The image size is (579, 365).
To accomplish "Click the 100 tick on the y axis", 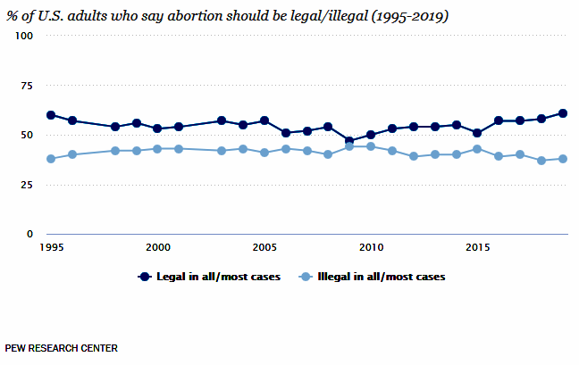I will pyautogui.click(x=23, y=36).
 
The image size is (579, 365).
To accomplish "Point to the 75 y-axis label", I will pyautogui.click(x=26, y=86).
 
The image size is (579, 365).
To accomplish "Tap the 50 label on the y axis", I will pyautogui.click(x=26, y=135).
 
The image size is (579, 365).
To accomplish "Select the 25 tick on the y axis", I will pyautogui.click(x=26, y=185).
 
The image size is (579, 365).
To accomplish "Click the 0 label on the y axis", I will pyautogui.click(x=29, y=234).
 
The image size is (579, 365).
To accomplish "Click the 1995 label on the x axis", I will pyautogui.click(x=51, y=246).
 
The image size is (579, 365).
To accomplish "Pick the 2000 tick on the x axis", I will pyautogui.click(x=158, y=246).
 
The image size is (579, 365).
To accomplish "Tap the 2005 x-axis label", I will pyautogui.click(x=264, y=246).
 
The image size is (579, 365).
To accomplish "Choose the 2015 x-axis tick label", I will pyautogui.click(x=477, y=246).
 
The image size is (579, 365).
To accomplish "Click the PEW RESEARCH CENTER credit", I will pyautogui.click(x=61, y=347).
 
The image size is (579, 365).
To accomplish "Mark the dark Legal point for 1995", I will pyautogui.click(x=51, y=115).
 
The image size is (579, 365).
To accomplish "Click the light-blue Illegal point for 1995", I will pyautogui.click(x=51, y=159).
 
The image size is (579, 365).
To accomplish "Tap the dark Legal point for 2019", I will pyautogui.click(x=563, y=113).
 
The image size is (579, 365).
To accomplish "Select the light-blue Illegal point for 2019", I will pyautogui.click(x=563, y=159).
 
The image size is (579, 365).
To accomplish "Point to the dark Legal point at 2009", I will pyautogui.click(x=349, y=141).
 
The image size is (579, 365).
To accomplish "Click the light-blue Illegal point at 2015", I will pyautogui.click(x=477, y=149).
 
